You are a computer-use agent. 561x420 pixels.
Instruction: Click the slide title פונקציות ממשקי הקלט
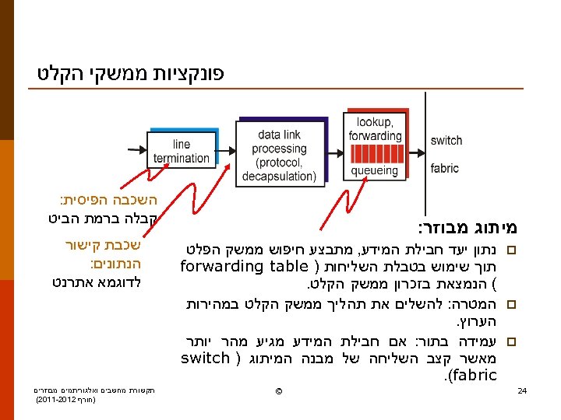tap(131, 75)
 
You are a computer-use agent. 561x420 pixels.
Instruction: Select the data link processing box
tap(280, 155)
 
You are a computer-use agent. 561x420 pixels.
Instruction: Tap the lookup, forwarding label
tap(375, 129)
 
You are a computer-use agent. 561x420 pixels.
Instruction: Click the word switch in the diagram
tap(446, 141)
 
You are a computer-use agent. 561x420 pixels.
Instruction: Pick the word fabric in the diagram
tap(445, 168)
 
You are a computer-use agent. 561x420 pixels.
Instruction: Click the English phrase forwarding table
tap(244, 267)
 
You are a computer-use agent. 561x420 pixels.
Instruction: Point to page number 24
tap(523, 390)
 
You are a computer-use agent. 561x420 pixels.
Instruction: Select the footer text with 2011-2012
tap(66, 399)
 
